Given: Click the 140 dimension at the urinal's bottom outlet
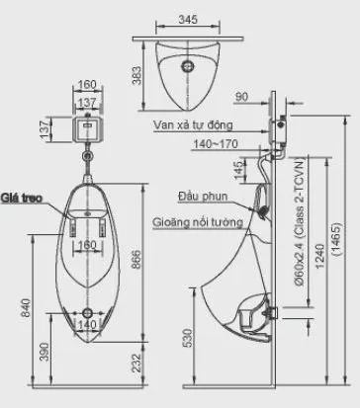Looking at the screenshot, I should pos(88,324).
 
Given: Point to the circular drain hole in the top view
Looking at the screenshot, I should pos(185,67).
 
